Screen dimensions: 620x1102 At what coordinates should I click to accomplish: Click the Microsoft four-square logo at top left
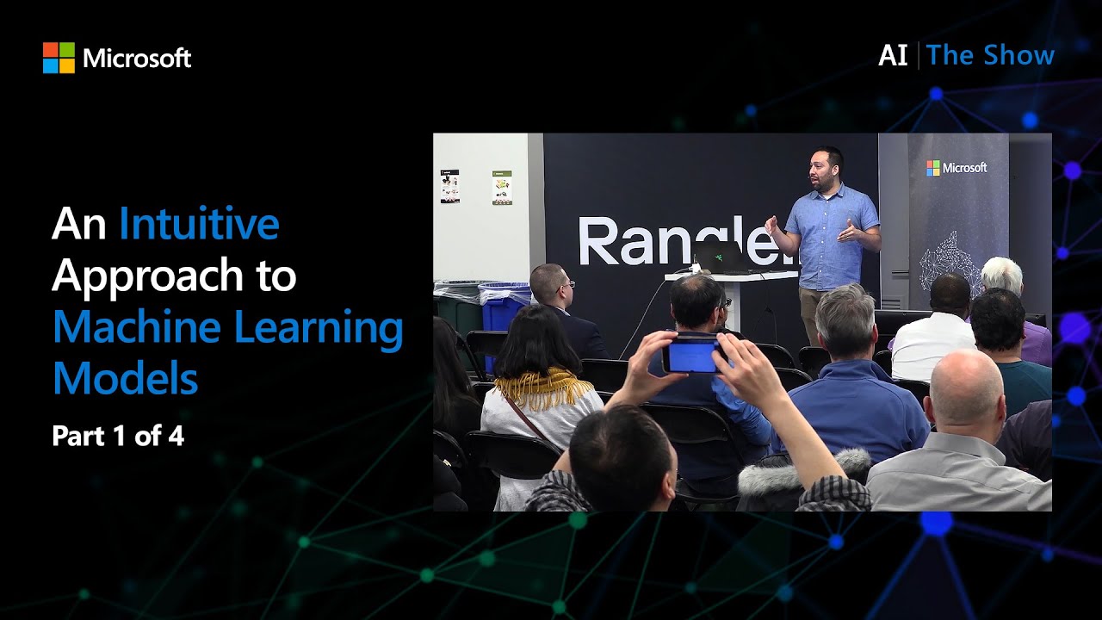(59, 58)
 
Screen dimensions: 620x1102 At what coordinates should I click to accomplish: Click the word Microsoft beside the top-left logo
(137, 59)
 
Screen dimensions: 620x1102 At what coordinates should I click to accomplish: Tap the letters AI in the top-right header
(892, 56)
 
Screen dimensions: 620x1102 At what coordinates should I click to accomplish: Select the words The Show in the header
(990, 56)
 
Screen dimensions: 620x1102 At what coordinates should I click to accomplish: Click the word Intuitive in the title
(199, 224)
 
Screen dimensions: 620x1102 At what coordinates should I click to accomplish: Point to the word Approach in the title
(149, 276)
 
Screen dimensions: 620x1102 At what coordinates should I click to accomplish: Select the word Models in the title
(125, 378)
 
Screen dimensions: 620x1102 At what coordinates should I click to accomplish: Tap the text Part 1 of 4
(118, 436)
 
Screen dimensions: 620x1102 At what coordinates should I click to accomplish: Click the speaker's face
(822, 169)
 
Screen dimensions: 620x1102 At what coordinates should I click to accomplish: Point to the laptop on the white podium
(721, 257)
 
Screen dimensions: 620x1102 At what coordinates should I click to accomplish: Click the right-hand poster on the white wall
(502, 187)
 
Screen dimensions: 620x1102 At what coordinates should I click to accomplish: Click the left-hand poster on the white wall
(449, 186)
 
